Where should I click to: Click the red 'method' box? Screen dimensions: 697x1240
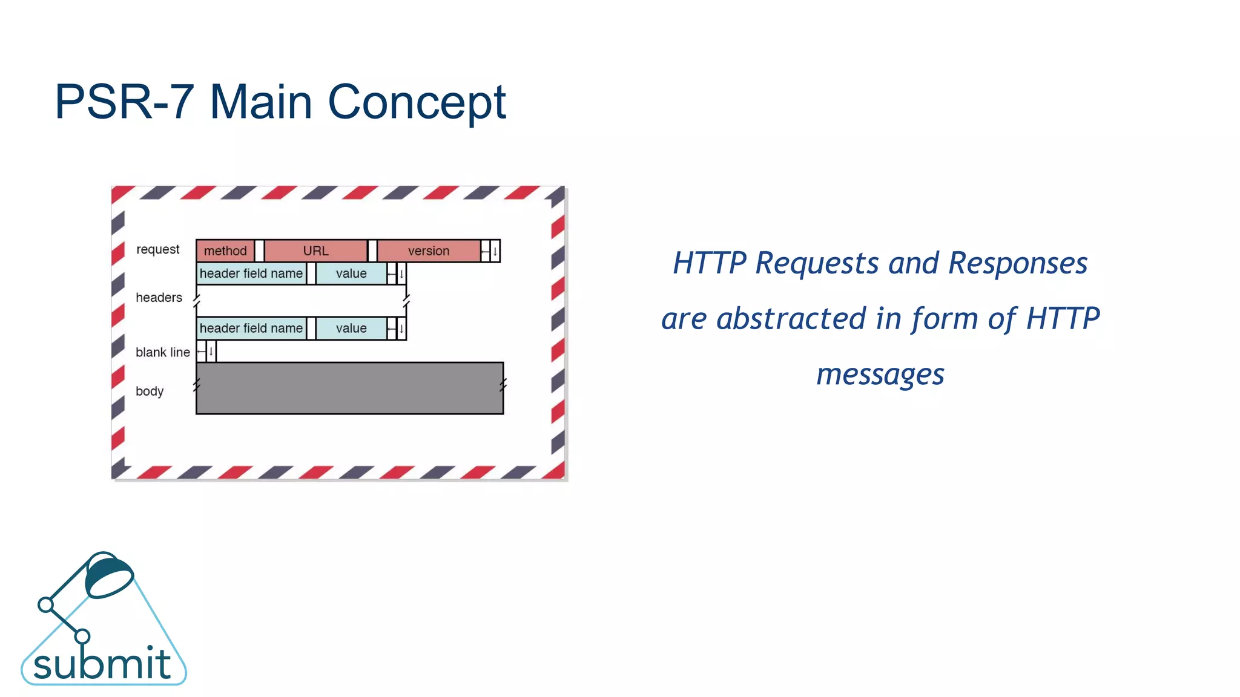click(225, 250)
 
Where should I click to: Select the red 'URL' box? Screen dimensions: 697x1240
click(315, 250)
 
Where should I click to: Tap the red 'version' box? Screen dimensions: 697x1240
click(429, 250)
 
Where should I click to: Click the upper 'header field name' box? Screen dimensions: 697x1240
click(251, 273)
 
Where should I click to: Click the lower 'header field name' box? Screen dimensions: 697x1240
click(251, 328)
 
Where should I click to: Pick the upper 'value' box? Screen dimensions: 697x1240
click(351, 273)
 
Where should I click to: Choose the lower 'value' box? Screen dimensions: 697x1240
click(351, 328)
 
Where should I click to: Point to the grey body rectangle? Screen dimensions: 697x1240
click(350, 388)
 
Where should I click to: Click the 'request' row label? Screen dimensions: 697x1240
click(157, 249)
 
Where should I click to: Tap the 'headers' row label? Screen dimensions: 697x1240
click(159, 298)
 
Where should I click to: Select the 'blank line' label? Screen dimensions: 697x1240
click(162, 352)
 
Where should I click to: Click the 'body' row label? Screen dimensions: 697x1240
click(150, 391)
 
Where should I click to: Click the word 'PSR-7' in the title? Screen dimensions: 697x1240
click(124, 102)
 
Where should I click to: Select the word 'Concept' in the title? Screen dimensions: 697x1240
click(417, 102)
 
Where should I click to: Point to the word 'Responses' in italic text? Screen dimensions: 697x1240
click(1018, 263)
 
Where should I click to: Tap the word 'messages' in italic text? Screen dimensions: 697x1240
click(880, 375)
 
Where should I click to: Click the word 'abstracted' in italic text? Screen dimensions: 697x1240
click(791, 318)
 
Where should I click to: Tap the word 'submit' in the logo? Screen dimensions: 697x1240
click(102, 664)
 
